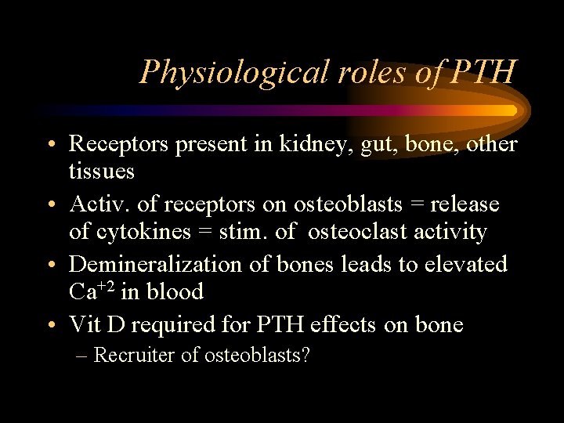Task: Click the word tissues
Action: point(102,171)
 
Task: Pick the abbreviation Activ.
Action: point(100,204)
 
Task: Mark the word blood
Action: point(177,292)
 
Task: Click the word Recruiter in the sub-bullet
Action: point(135,355)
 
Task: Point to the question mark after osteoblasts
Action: point(305,355)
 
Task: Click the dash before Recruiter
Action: point(82,356)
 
